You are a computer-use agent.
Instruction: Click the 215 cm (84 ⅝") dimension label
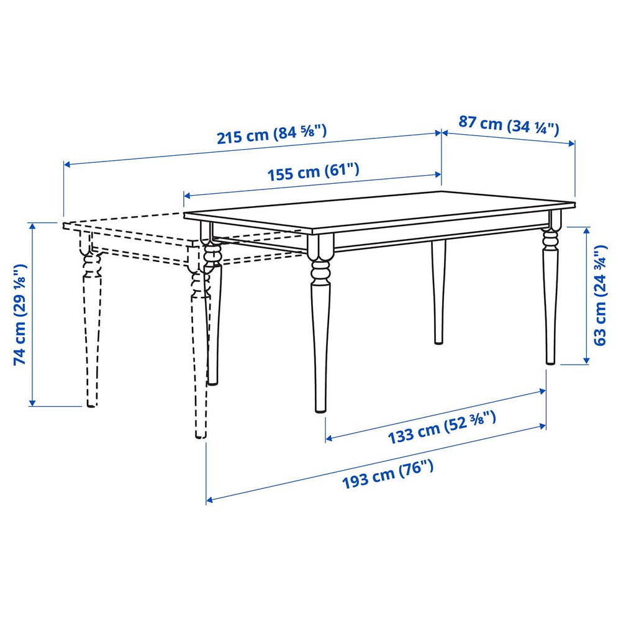point(271,134)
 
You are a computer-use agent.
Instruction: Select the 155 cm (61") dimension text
point(313,171)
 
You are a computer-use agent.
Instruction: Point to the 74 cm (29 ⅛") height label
point(20,314)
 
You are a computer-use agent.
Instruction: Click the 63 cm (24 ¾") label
point(600,295)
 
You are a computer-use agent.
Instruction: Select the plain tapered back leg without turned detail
point(438,292)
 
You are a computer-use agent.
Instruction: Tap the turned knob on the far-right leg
point(550,238)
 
